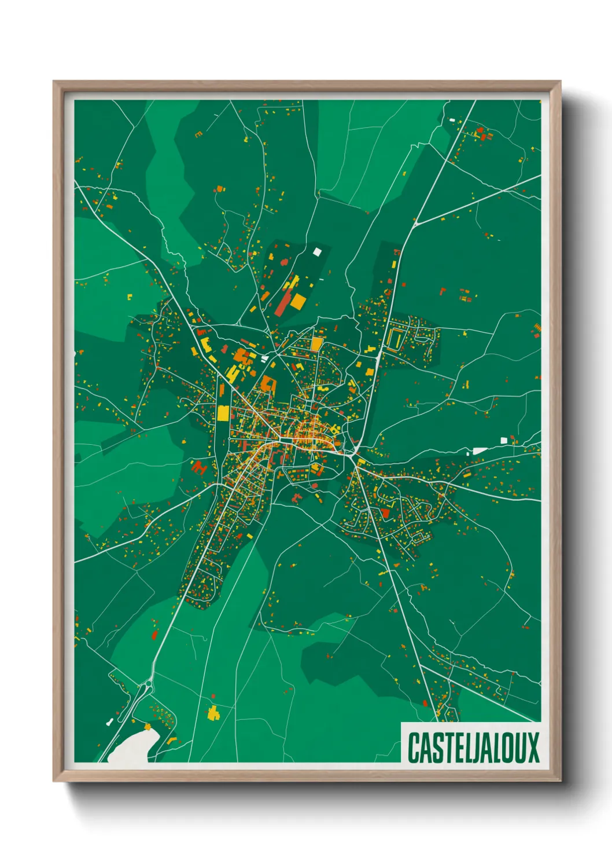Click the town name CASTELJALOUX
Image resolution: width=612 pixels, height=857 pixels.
pos(473,748)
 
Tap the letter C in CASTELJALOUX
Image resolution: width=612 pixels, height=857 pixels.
pos(414,748)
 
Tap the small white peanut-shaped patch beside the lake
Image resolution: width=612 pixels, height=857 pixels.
pos(109,722)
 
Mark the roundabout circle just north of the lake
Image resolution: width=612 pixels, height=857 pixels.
pos(149,684)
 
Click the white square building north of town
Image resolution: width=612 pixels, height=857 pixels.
pos(316,251)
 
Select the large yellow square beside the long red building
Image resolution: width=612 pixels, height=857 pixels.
pos(297,301)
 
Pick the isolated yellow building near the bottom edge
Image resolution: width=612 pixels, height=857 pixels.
pos(213,713)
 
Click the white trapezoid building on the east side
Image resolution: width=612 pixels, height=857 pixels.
pos(480,451)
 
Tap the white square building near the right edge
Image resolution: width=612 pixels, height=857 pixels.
pos(503,441)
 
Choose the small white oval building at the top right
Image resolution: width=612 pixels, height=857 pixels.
pos(452,120)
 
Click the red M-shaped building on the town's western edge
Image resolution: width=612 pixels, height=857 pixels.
pos(198,466)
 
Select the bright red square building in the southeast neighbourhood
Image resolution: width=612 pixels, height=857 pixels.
pos(385,513)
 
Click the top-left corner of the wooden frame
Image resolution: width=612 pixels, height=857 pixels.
pos(54,82)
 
